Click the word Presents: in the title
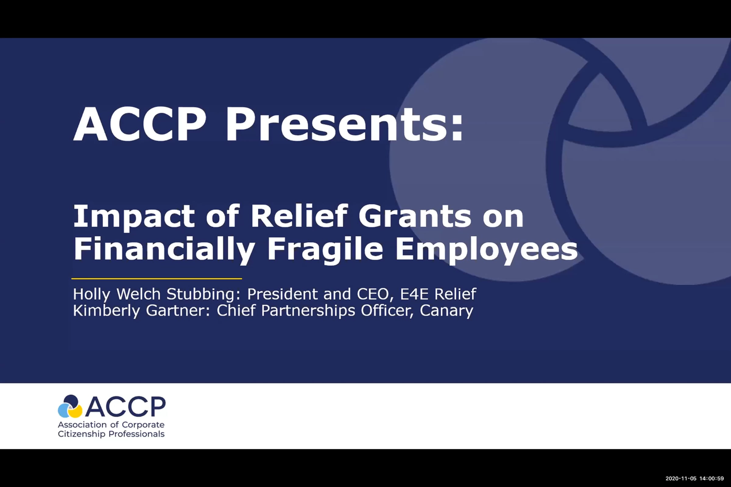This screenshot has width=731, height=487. tap(344, 124)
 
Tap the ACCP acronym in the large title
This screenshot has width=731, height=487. tap(140, 124)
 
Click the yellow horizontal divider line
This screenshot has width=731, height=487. tap(157, 279)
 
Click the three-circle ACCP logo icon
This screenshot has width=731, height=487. tap(70, 406)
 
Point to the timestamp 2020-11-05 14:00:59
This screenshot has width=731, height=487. tap(695, 478)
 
